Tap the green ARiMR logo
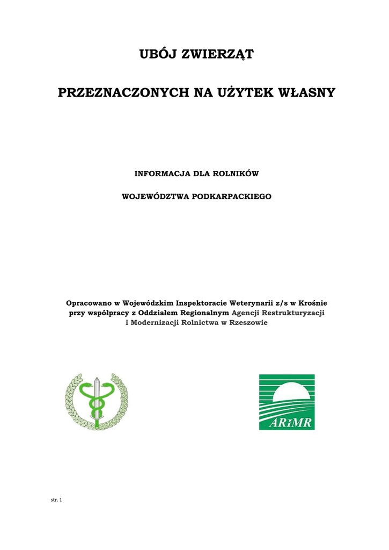(x=287, y=402)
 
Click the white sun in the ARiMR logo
(x=292, y=390)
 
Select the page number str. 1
(x=56, y=500)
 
